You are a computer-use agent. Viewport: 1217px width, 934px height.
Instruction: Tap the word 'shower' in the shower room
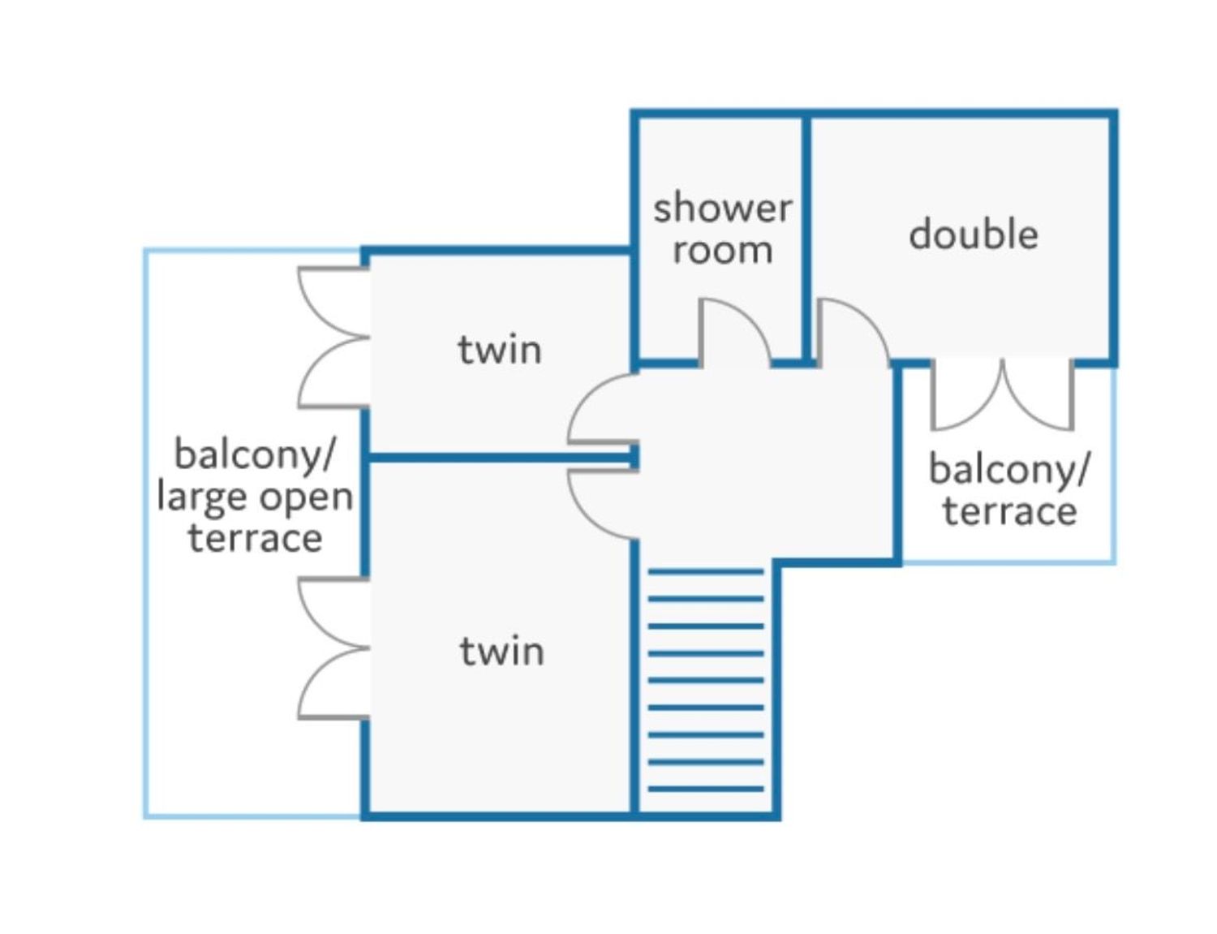click(x=722, y=208)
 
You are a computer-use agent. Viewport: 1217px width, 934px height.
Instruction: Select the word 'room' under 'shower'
click(x=722, y=250)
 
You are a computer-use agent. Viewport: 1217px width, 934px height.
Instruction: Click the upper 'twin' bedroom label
click(x=500, y=350)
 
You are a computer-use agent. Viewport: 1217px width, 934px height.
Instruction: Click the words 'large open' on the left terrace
click(x=255, y=497)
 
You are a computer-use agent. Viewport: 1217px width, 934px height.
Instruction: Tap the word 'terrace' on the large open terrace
click(x=256, y=537)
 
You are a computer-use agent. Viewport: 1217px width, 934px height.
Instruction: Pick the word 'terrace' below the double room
click(x=1010, y=511)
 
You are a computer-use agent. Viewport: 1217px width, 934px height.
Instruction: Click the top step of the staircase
click(x=706, y=572)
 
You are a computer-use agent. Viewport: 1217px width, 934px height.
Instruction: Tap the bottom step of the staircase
click(x=706, y=789)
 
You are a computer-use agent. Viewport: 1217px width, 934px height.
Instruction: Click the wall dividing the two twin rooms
click(x=501, y=458)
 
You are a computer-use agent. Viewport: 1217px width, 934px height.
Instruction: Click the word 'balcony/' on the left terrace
click(x=255, y=454)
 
